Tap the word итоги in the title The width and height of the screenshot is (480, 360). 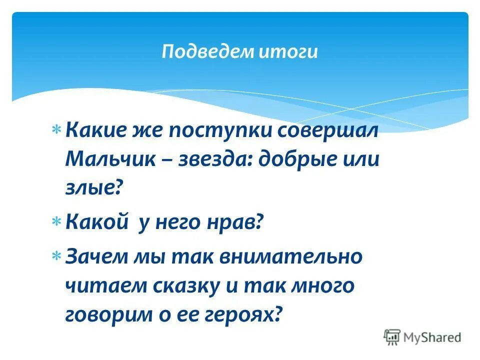(x=288, y=52)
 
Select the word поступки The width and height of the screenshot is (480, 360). (x=219, y=131)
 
